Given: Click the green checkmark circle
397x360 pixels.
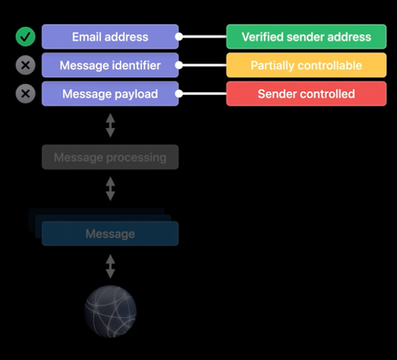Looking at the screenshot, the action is pyautogui.click(x=26, y=37).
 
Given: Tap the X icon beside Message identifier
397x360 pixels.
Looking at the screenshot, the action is pyautogui.click(x=26, y=66).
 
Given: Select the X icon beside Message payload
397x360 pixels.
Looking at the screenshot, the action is pyautogui.click(x=26, y=94).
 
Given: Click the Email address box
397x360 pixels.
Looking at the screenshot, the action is pyautogui.click(x=110, y=37).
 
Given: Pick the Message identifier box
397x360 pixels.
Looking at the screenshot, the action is pyautogui.click(x=110, y=66).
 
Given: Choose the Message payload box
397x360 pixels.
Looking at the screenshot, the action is pyautogui.click(x=110, y=94).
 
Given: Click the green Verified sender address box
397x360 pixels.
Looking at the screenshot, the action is pyautogui.click(x=306, y=37).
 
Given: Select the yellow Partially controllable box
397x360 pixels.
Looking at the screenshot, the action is pyautogui.click(x=306, y=66).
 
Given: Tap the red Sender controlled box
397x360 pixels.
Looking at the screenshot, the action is pyautogui.click(x=306, y=94).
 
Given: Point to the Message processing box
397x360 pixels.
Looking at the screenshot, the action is pyautogui.click(x=110, y=157).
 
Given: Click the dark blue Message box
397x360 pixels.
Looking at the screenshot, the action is pyautogui.click(x=110, y=234).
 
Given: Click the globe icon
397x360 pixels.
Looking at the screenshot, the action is pyautogui.click(x=110, y=312).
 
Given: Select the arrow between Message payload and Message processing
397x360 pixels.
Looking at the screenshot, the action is pyautogui.click(x=110, y=125).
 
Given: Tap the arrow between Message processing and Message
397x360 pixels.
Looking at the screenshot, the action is pyautogui.click(x=110, y=189).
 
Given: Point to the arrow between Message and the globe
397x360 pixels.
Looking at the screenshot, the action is pyautogui.click(x=110, y=266).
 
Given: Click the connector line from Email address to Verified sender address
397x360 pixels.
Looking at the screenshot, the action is pyautogui.click(x=202, y=37).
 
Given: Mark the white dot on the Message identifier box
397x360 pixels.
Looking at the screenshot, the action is pyautogui.click(x=179, y=66).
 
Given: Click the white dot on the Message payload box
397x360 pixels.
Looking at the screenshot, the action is pyautogui.click(x=179, y=94).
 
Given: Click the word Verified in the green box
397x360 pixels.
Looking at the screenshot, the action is pyautogui.click(x=263, y=37).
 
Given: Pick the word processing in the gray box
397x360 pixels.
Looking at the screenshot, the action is pyautogui.click(x=136, y=158).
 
